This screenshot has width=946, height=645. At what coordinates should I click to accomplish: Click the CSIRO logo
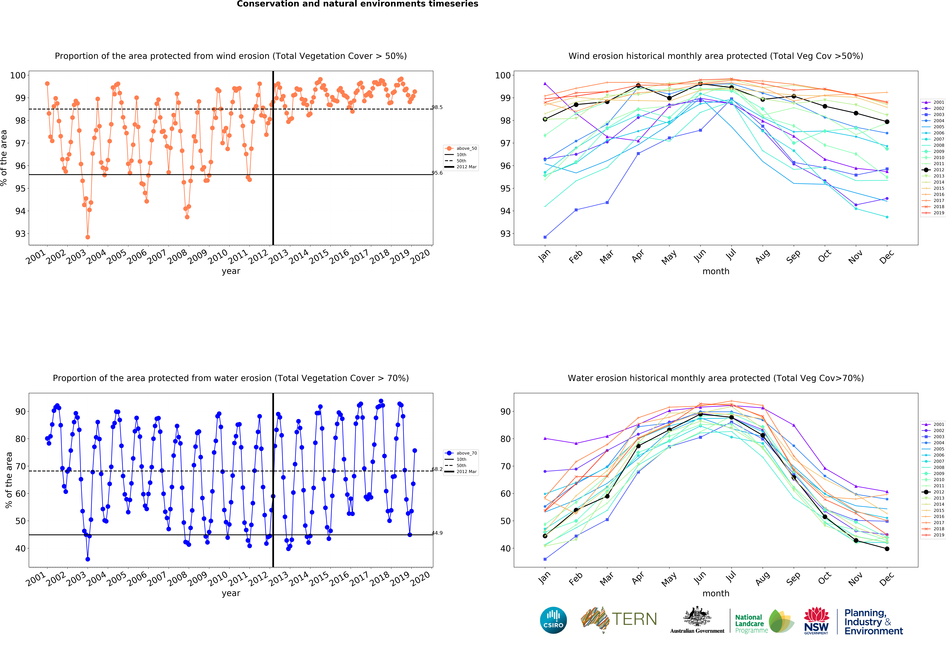pos(553,620)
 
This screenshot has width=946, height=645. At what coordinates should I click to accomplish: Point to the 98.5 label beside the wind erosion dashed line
pos(437,107)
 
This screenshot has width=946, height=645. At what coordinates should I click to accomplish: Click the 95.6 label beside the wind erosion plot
pos(437,173)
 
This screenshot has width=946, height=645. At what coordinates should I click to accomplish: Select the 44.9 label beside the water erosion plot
pos(437,533)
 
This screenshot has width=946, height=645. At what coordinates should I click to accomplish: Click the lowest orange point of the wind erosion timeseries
pos(88,237)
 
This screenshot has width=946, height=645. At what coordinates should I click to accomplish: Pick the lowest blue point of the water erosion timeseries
pos(88,559)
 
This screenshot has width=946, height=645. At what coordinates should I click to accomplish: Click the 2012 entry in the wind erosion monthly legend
pos(935,170)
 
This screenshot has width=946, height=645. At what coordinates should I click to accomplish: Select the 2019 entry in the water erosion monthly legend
pos(935,535)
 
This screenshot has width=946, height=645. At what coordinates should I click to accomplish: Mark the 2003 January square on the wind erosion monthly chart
pos(545,237)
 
